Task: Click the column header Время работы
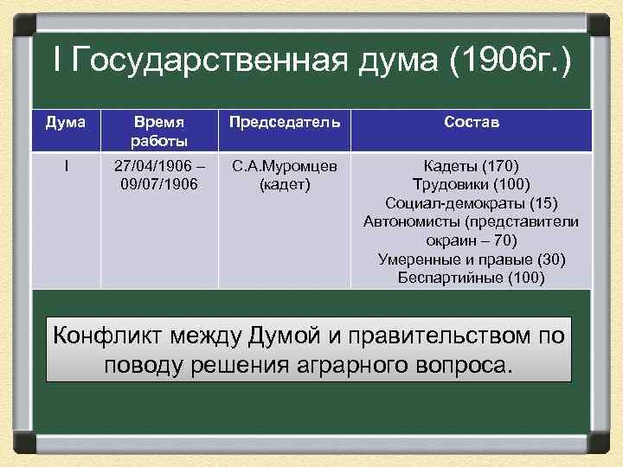tap(159, 131)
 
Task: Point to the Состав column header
tap(471, 123)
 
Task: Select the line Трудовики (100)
tap(471, 184)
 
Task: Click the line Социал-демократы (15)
tap(471, 203)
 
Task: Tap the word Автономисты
tap(414, 221)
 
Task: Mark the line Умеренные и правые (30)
tap(471, 259)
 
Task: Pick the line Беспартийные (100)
tap(471, 278)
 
